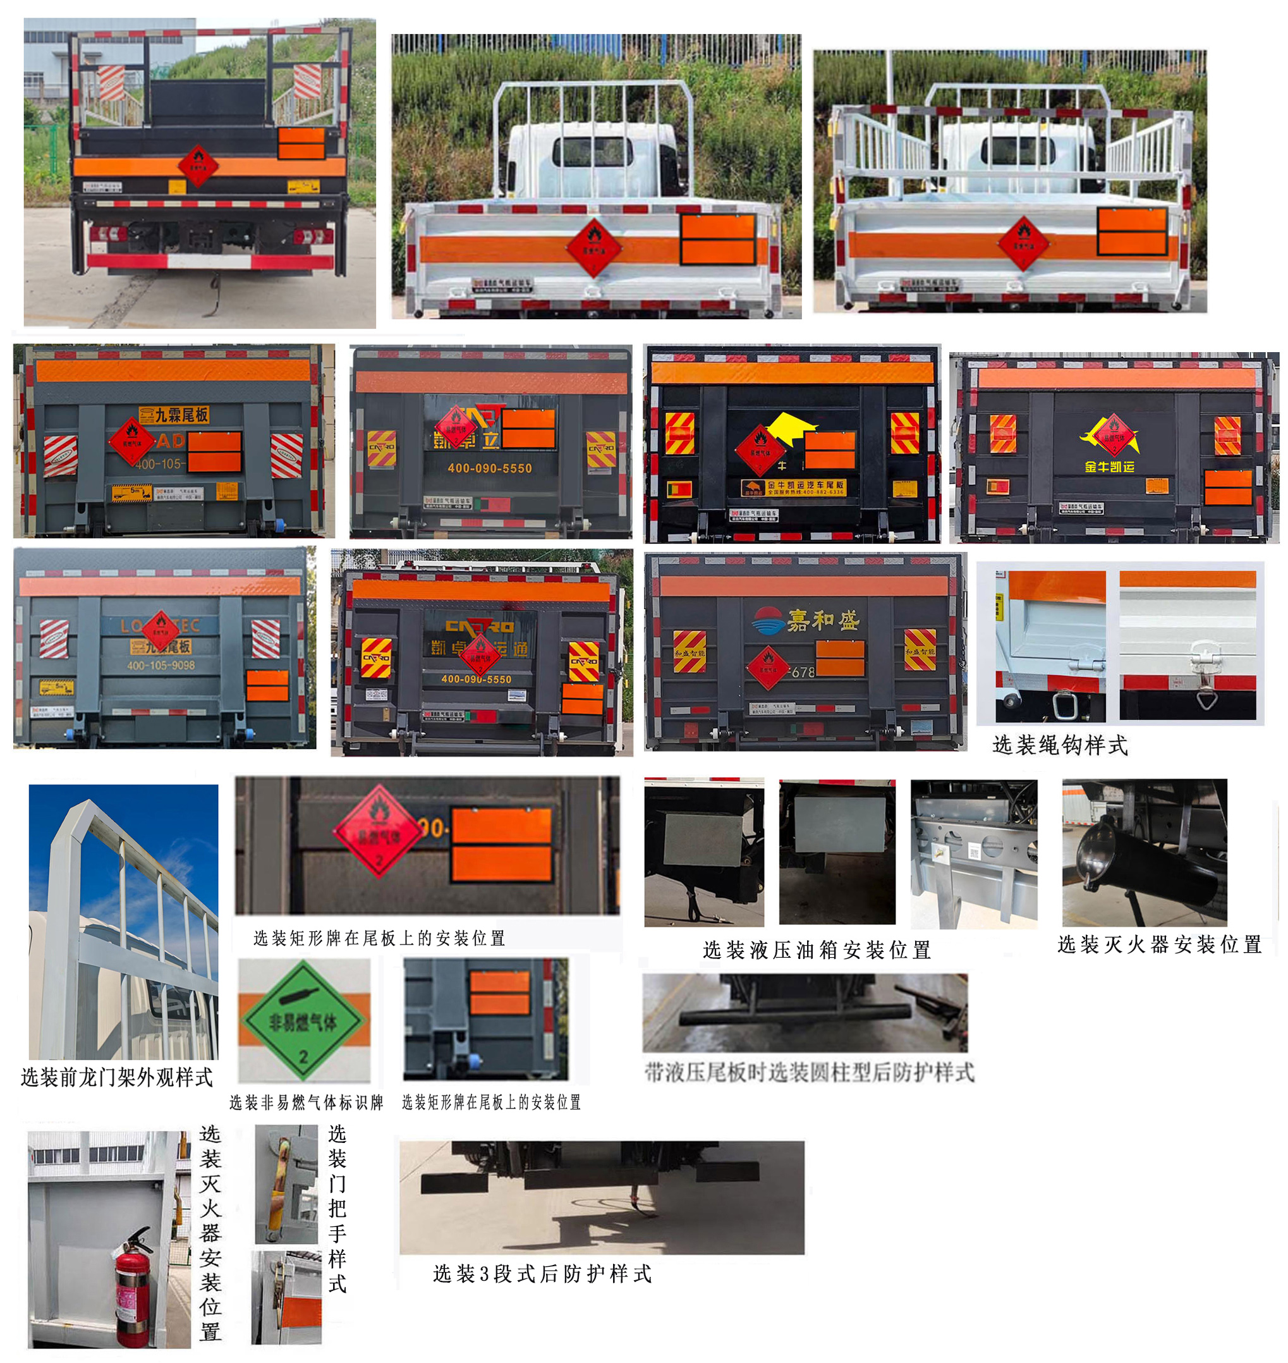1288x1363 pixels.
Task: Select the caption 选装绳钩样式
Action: [x=1059, y=745]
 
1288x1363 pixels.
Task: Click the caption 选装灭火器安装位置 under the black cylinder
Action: [x=1159, y=945]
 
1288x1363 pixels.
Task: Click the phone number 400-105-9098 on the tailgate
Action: [x=160, y=665]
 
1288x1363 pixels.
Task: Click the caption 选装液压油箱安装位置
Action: [x=817, y=950]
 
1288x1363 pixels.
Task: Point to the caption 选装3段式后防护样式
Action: [x=542, y=1274]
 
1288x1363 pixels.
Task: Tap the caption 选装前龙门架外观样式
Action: [x=117, y=1077]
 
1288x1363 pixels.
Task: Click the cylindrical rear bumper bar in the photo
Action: [x=795, y=1015]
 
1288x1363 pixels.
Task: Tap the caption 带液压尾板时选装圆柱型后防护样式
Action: [x=809, y=1073]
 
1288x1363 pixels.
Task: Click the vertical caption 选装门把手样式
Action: [x=336, y=1209]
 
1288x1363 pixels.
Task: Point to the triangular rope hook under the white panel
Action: [x=1207, y=699]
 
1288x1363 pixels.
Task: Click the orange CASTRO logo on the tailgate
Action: [x=479, y=626]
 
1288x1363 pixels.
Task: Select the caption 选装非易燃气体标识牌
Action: [x=307, y=1103]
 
